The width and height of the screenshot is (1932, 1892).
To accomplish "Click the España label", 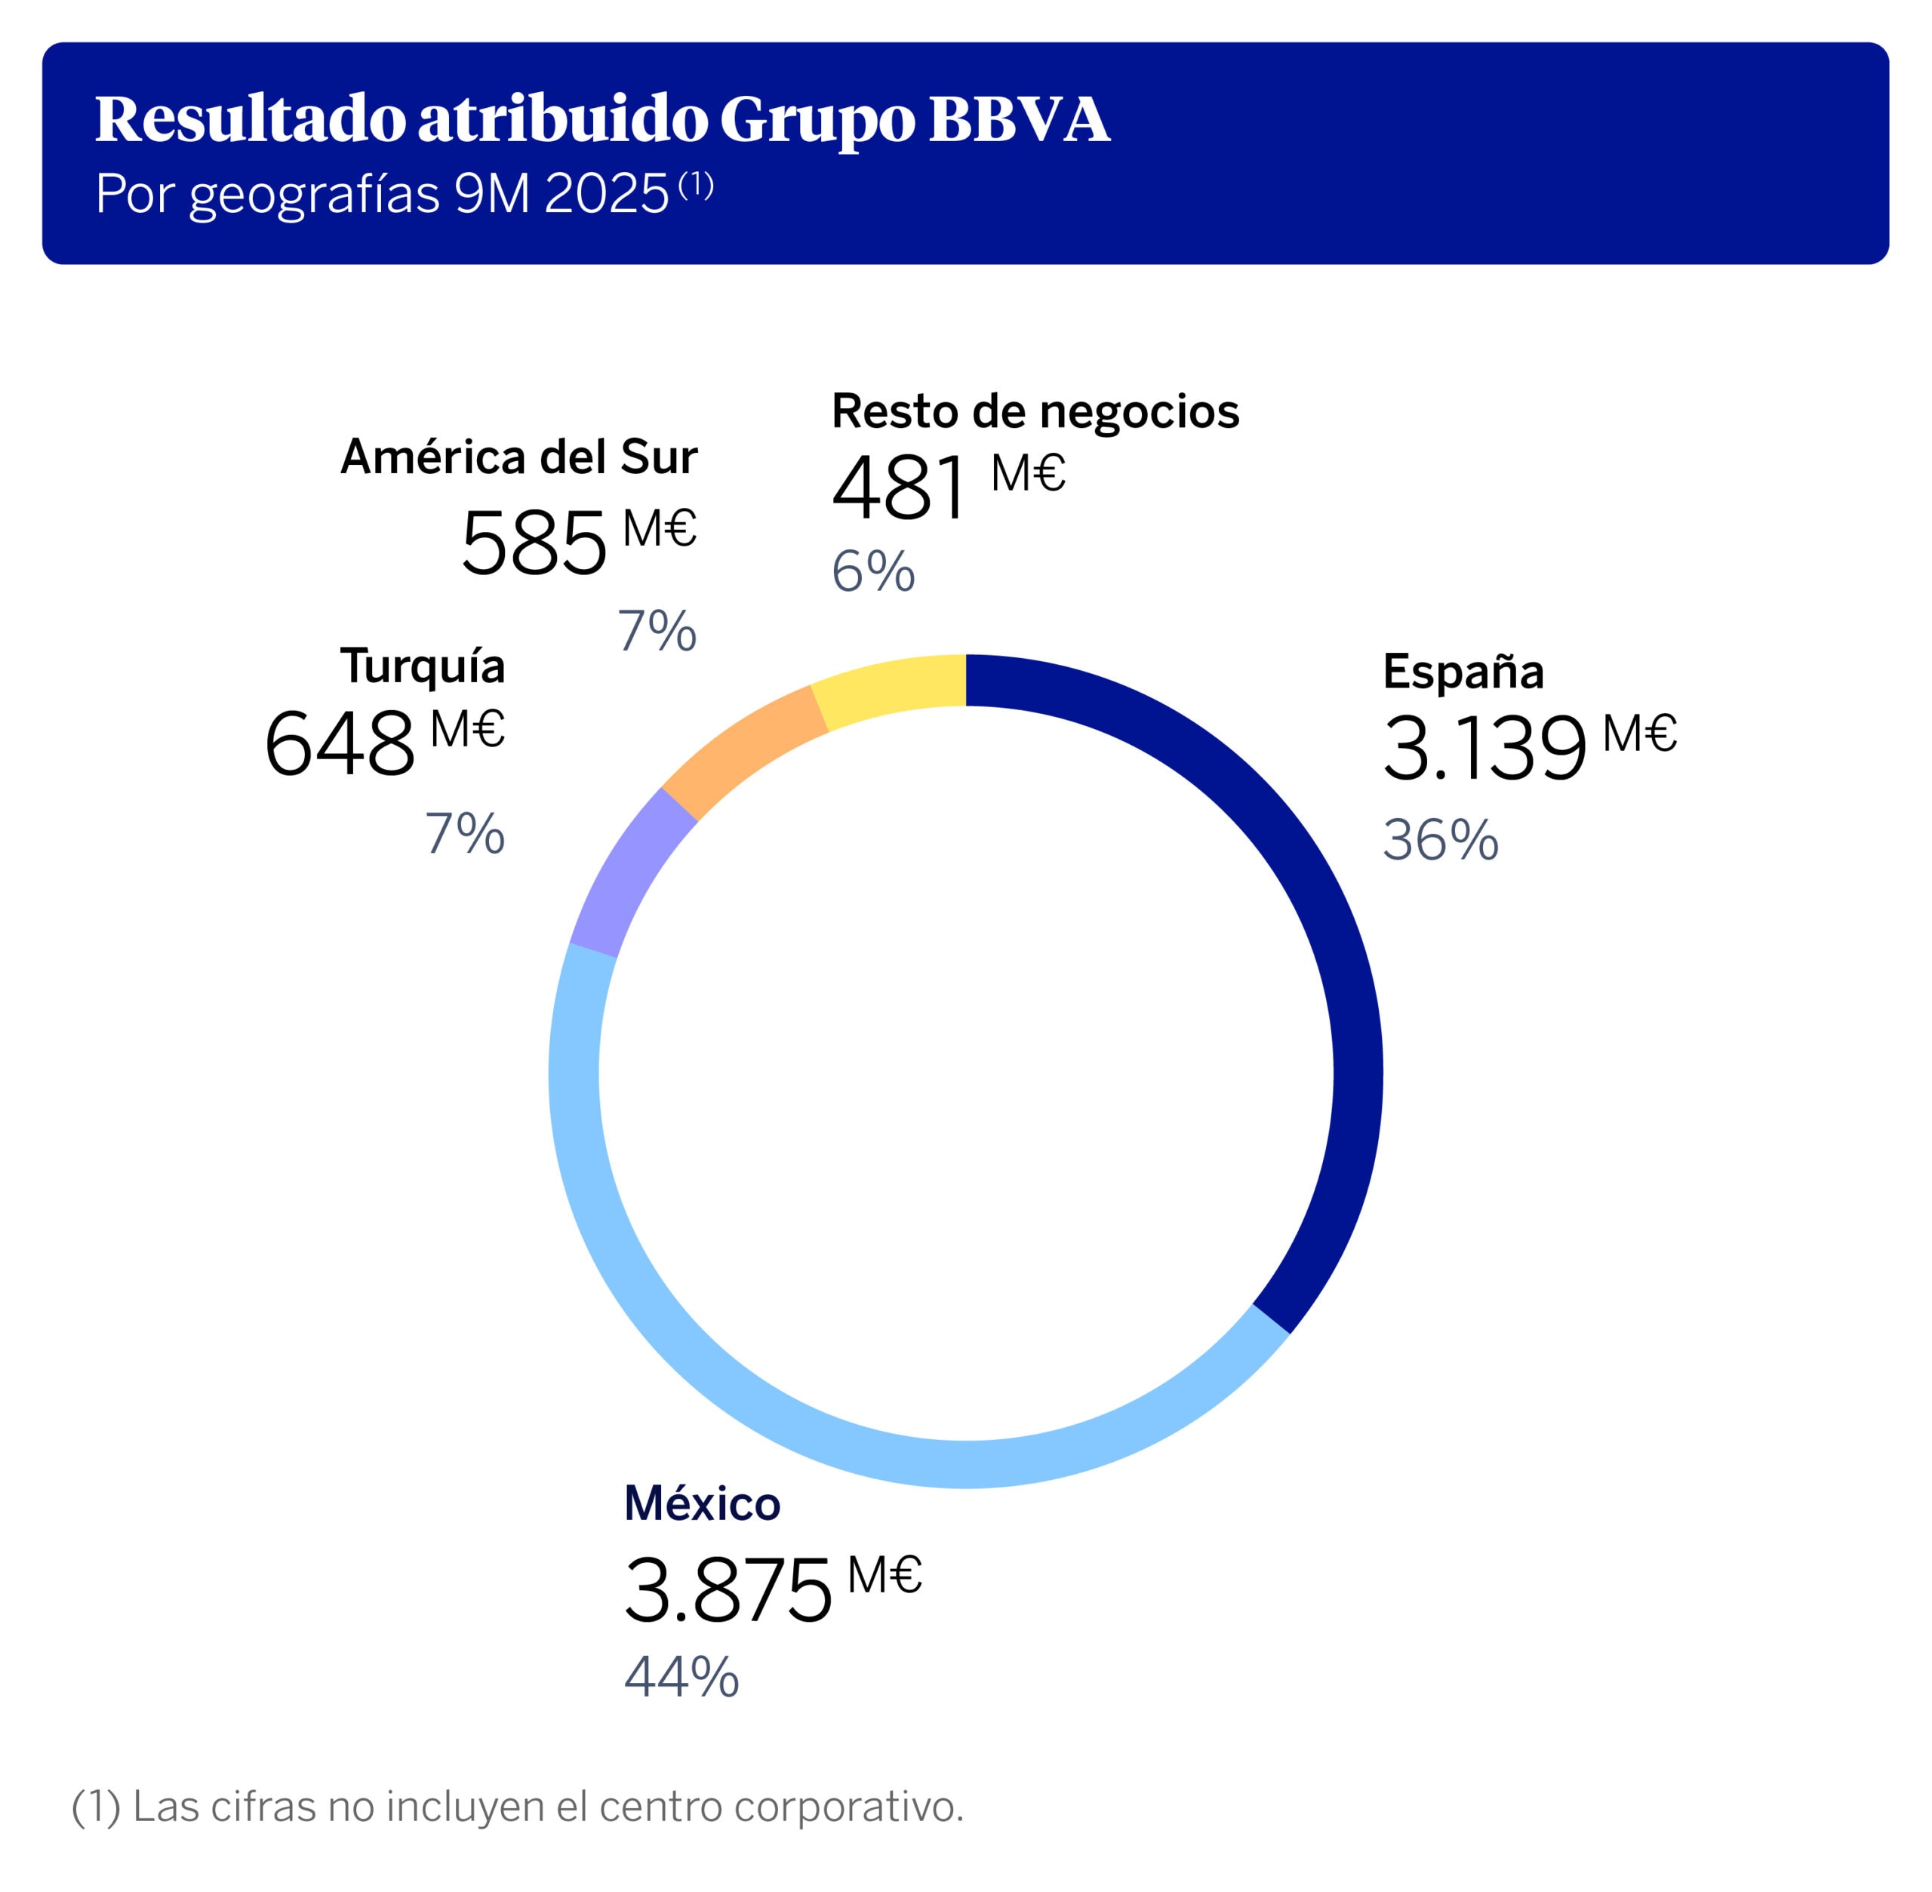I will [1462, 672].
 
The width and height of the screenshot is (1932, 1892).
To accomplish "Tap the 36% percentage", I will [1440, 840].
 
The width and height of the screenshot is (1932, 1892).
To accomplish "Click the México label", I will [702, 1503].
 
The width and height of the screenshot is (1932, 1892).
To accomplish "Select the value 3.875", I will [728, 1590].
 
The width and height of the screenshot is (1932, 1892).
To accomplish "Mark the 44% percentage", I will [681, 1678].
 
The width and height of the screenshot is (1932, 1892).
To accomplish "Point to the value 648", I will [339, 744].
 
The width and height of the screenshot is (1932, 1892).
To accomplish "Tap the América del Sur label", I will [518, 457].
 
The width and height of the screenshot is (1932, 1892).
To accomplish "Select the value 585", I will [534, 543].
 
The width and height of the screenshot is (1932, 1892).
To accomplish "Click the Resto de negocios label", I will [1035, 411].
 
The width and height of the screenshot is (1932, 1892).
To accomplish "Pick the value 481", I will [898, 489].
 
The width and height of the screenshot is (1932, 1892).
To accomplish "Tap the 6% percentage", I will [872, 572].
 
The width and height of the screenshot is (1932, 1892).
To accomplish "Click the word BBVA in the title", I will [1019, 119].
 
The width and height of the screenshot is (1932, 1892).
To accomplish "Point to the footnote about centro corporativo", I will [518, 1805].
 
